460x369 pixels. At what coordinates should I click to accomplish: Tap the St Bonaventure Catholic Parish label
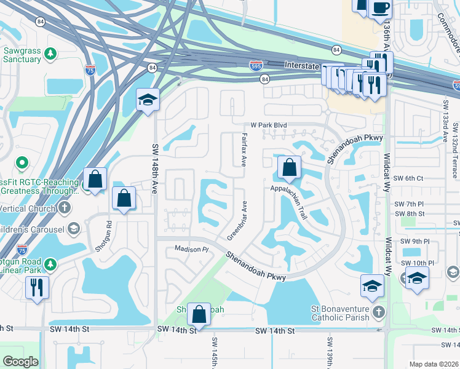340,313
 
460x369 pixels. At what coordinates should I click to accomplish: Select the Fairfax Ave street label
244,150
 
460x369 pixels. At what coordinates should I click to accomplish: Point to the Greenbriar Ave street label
237,220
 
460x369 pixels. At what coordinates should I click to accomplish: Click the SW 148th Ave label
155,175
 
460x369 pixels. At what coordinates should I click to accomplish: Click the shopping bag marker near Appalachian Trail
288,167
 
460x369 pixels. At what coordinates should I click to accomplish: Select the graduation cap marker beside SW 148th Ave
148,100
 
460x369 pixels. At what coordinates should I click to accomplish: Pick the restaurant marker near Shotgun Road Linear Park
37,287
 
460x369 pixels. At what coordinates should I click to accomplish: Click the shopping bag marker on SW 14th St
199,314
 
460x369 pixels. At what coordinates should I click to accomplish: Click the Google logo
20,362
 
